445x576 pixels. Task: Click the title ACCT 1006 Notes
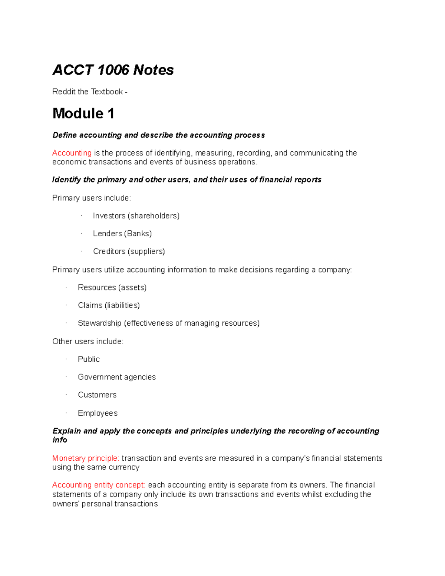point(113,70)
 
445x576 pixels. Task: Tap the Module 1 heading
point(83,113)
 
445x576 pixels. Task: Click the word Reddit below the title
point(64,92)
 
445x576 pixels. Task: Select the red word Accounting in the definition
point(72,153)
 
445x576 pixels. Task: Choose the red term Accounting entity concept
point(99,485)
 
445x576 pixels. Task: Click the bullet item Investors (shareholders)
point(136,215)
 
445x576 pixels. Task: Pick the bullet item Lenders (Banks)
point(122,233)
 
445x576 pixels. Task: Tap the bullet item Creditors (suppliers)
point(129,251)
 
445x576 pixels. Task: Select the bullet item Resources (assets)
point(112,287)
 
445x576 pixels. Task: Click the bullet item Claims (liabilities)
point(109,305)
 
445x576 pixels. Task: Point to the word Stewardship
point(99,323)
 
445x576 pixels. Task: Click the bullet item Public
point(89,359)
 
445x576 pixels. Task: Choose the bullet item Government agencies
point(116,377)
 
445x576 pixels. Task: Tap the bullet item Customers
point(97,395)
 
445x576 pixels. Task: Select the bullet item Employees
point(98,413)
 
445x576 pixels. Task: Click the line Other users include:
point(88,341)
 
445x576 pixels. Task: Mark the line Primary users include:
point(92,198)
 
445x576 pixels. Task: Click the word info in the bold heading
point(60,440)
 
